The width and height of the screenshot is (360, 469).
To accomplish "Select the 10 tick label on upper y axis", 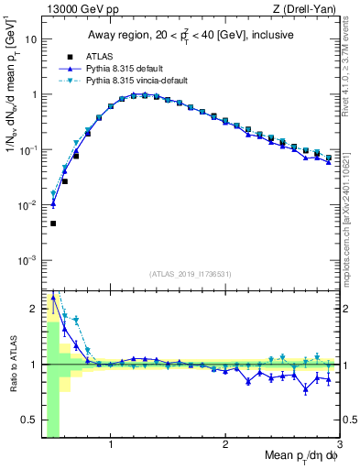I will point(30,39).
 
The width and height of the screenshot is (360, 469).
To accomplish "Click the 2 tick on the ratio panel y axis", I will point(33,309).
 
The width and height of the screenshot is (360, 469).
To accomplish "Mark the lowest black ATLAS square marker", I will point(53,224).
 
